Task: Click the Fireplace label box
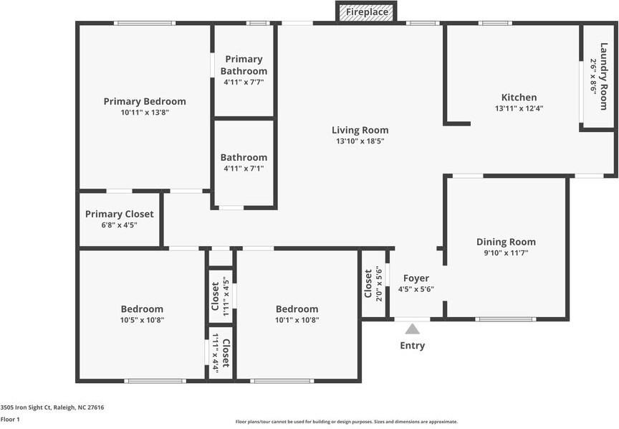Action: click(x=367, y=12)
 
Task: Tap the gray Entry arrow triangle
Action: click(x=412, y=329)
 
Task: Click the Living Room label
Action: click(x=360, y=130)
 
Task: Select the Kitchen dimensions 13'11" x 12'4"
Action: click(x=519, y=108)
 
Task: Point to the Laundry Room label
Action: click(x=604, y=76)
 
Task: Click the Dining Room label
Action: click(x=506, y=242)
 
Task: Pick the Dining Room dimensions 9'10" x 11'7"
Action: click(x=506, y=253)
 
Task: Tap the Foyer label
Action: click(x=416, y=278)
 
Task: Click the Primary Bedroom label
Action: click(x=145, y=101)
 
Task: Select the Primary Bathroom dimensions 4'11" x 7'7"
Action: click(x=244, y=82)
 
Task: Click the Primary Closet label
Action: click(x=119, y=214)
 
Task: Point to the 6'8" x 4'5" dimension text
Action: click(x=119, y=225)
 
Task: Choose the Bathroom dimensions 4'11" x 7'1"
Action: click(x=244, y=169)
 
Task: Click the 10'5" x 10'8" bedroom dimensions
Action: click(x=142, y=320)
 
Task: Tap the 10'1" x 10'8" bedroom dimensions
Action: click(x=297, y=320)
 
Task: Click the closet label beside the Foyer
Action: click(x=368, y=283)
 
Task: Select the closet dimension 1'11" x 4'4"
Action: click(x=216, y=352)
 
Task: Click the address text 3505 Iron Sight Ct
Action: click(x=26, y=407)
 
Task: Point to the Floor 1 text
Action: click(x=10, y=420)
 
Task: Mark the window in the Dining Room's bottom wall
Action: click(x=505, y=319)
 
